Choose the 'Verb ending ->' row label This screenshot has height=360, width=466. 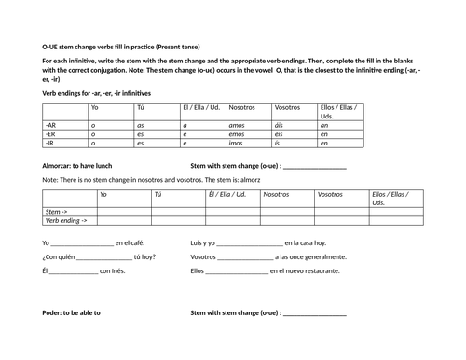[66, 221]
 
